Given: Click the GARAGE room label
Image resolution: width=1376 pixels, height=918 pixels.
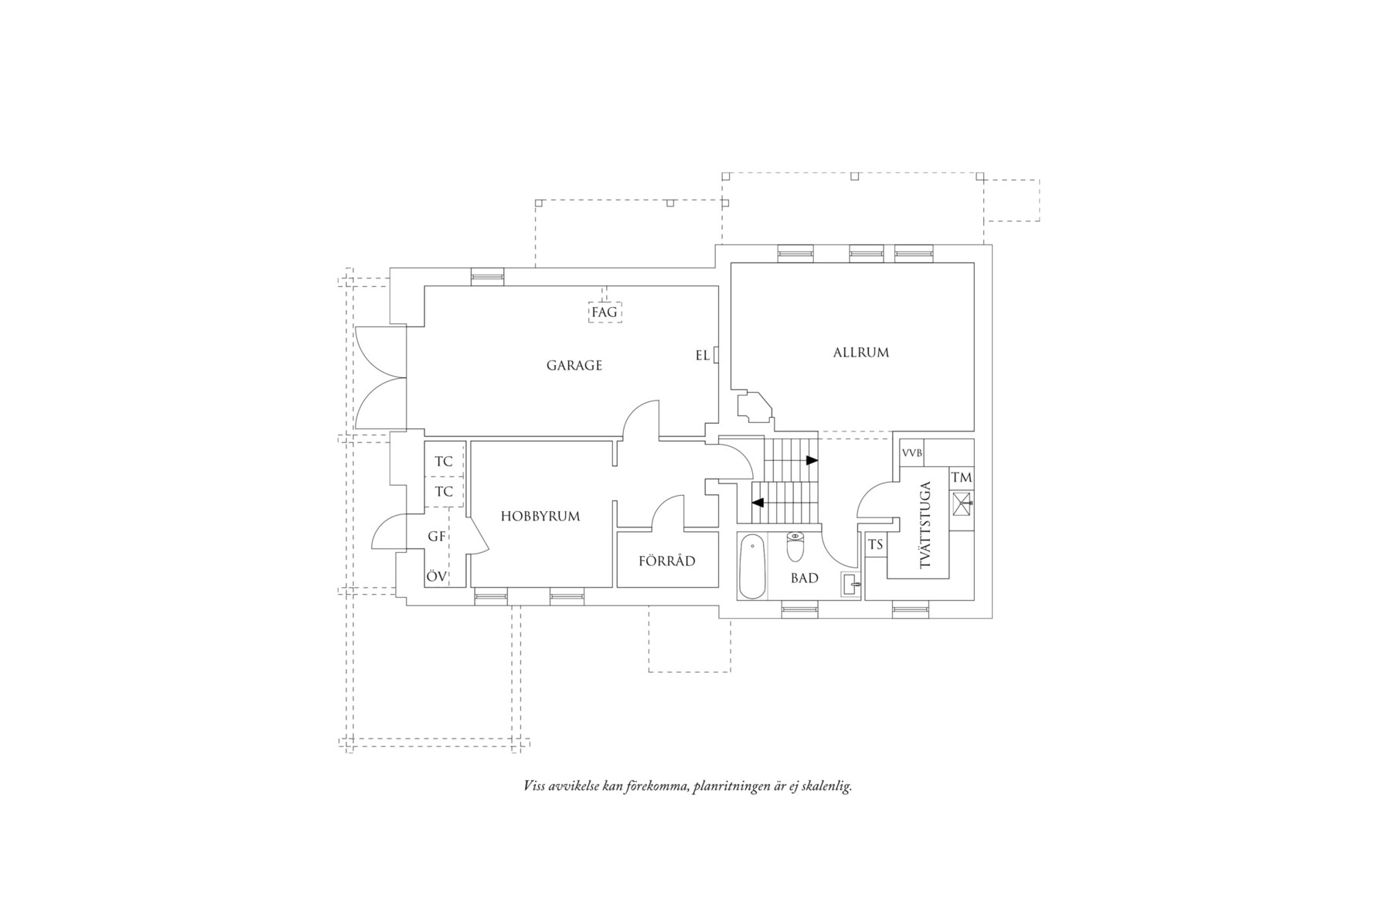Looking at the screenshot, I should [x=574, y=365].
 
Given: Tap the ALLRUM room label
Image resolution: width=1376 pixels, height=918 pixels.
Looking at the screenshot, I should [x=860, y=353].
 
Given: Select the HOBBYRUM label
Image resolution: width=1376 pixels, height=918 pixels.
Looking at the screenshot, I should [x=540, y=516].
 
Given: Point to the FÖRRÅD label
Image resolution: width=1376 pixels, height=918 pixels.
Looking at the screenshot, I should [x=666, y=561].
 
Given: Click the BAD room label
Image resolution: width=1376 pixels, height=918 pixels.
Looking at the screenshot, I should [x=804, y=578].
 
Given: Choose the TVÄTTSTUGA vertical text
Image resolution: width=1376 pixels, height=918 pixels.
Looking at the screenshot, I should [x=926, y=525].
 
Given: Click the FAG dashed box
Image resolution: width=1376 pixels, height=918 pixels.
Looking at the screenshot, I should [x=605, y=312].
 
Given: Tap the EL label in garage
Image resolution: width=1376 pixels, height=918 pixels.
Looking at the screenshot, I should [x=702, y=356].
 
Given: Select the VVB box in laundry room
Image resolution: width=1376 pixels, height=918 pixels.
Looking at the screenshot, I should [x=911, y=453].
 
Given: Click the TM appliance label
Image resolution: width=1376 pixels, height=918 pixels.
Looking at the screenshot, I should [x=961, y=478].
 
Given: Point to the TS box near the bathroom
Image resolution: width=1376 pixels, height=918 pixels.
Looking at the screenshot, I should [x=875, y=545].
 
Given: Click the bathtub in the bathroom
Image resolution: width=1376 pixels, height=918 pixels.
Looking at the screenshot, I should [x=752, y=568].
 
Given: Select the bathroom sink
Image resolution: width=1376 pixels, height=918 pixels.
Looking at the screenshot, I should [x=850, y=585].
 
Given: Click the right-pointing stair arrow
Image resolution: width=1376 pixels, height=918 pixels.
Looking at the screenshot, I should [x=812, y=460].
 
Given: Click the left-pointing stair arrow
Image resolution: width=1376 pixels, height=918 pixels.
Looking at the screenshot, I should [x=758, y=503].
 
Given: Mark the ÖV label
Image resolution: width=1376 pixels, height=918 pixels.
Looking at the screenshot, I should [x=436, y=576].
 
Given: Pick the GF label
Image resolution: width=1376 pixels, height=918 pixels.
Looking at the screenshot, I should [x=436, y=536].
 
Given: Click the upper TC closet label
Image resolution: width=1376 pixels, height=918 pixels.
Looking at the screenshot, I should [x=444, y=462].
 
